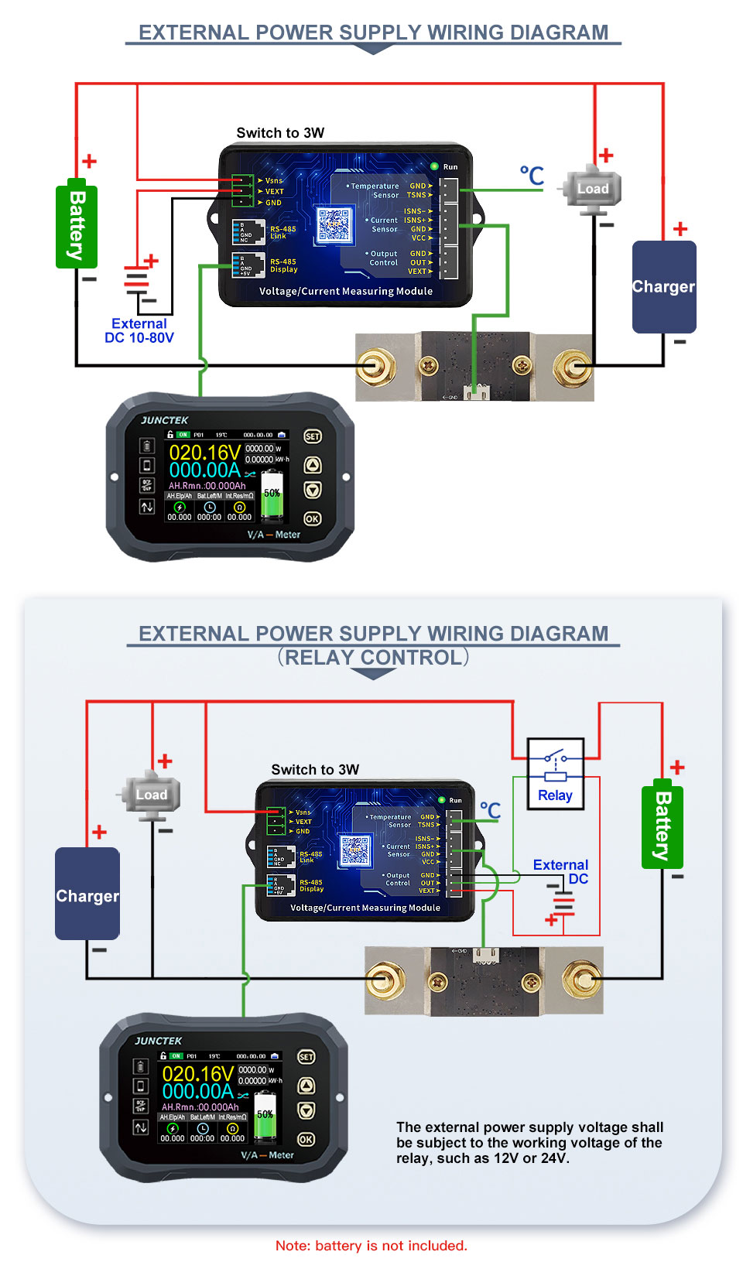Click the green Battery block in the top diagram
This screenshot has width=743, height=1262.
tap(76, 227)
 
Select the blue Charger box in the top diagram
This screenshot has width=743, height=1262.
tap(663, 287)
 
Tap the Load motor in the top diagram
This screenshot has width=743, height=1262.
tap(592, 189)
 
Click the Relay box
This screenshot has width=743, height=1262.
tap(555, 774)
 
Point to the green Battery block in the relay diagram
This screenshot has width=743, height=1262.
tap(662, 825)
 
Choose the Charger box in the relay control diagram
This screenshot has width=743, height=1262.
tap(87, 894)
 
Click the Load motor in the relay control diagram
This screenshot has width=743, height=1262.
tap(151, 795)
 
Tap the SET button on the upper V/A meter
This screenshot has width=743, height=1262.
tap(312, 436)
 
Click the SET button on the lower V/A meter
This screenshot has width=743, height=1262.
tap(306, 1057)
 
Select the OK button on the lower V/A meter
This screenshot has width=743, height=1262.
tap(306, 1139)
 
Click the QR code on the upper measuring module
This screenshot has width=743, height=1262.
tap(334, 224)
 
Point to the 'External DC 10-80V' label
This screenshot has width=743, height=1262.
tap(139, 330)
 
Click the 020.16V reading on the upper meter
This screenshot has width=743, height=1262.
tap(204, 452)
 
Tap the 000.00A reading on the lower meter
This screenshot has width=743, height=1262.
tap(197, 1091)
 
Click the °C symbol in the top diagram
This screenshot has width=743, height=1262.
tap(532, 176)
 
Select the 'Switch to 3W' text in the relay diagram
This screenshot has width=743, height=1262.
tap(315, 770)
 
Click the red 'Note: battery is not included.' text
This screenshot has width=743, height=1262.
tap(371, 1246)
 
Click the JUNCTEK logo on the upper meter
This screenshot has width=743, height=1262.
tap(165, 420)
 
